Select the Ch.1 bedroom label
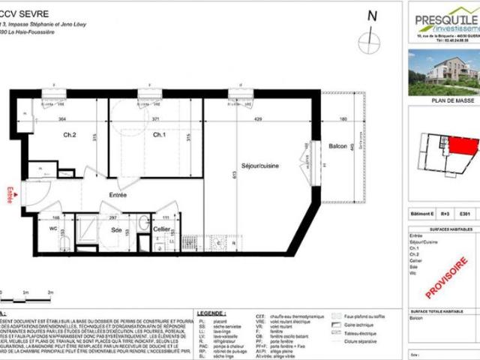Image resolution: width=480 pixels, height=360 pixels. [x=159, y=135]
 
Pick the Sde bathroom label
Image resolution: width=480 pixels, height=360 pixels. [x=117, y=230]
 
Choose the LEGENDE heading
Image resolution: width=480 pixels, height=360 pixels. [x=210, y=313]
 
